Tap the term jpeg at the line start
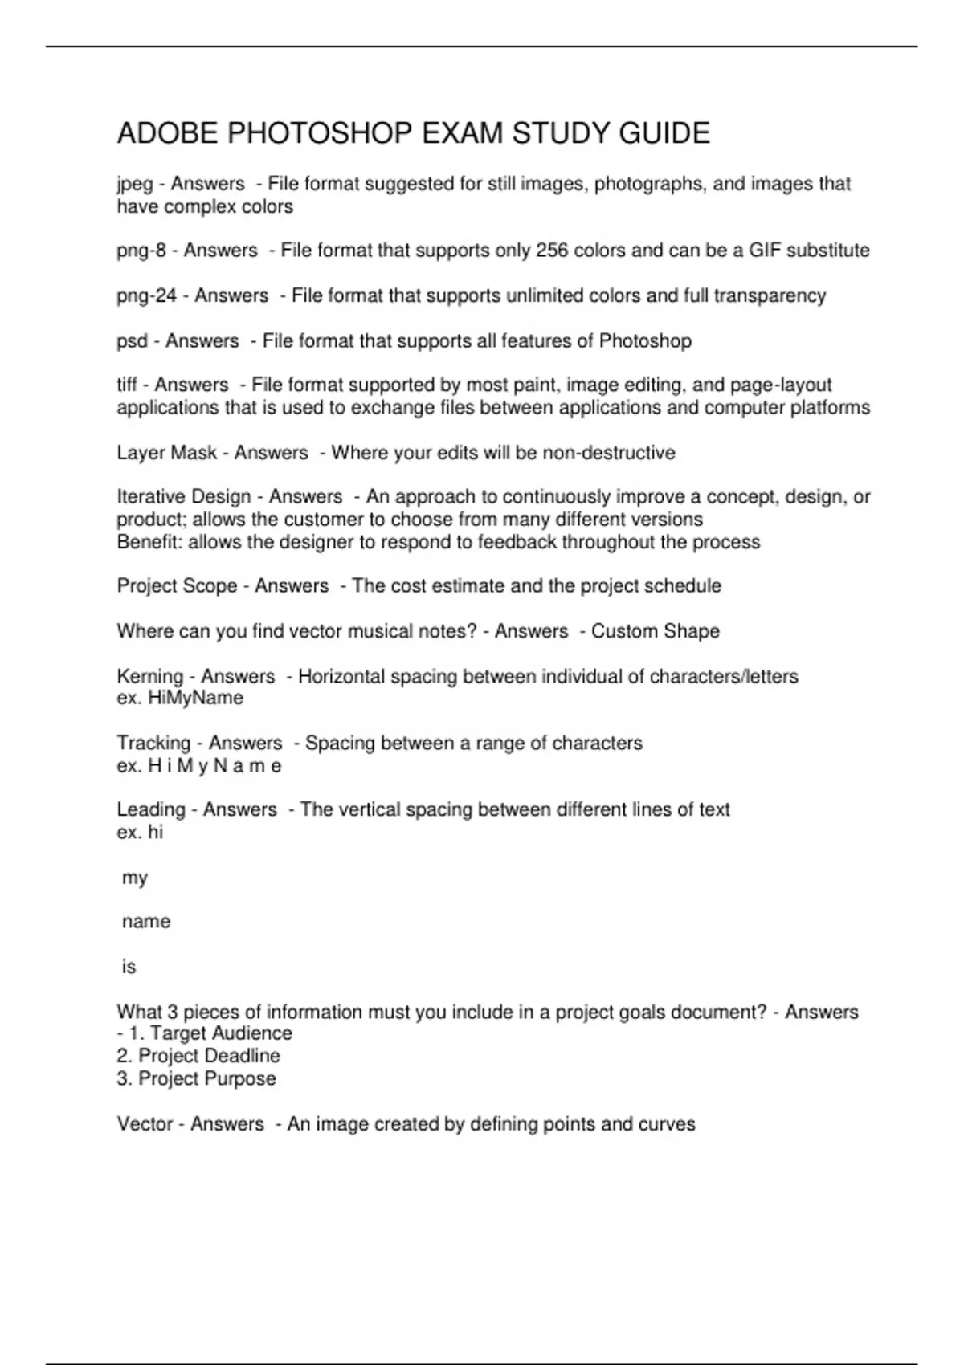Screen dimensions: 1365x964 (x=134, y=185)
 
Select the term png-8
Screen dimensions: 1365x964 (x=141, y=251)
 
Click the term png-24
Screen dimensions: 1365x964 (x=146, y=296)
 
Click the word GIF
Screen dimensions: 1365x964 (x=765, y=251)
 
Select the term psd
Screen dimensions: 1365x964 (x=132, y=341)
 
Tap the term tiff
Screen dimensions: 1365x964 (x=127, y=385)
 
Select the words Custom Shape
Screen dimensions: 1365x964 (x=655, y=631)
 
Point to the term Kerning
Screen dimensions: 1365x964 (x=149, y=677)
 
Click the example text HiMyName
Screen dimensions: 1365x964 (x=195, y=698)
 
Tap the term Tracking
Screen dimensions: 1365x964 (x=153, y=744)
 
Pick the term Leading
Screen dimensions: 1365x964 (x=151, y=809)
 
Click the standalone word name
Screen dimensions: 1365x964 (x=146, y=922)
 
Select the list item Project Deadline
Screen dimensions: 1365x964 (x=209, y=1056)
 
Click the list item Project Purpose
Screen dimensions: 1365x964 (x=206, y=1078)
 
